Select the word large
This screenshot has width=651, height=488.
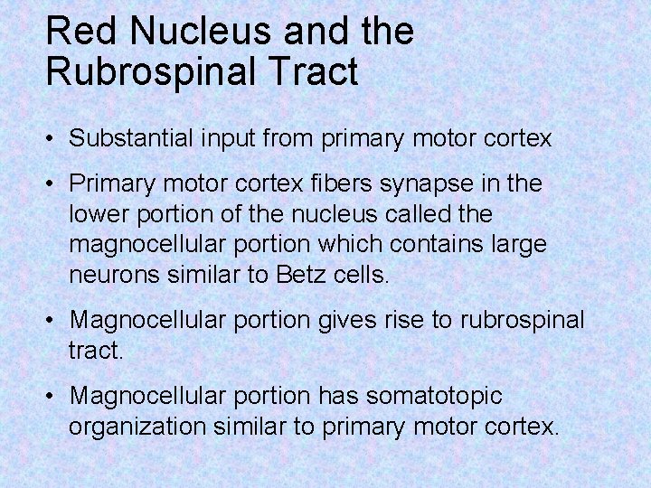coord(522,245)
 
